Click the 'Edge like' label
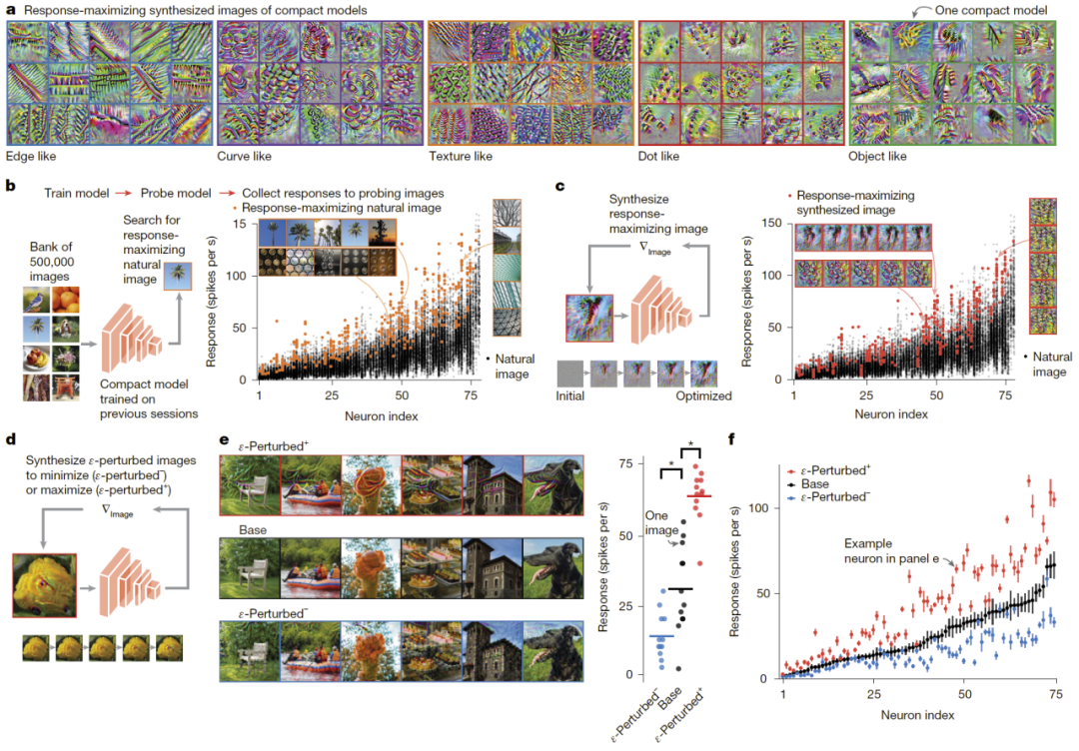coord(32,157)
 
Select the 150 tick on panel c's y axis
coord(769,222)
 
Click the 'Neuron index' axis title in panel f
coord(918,715)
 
